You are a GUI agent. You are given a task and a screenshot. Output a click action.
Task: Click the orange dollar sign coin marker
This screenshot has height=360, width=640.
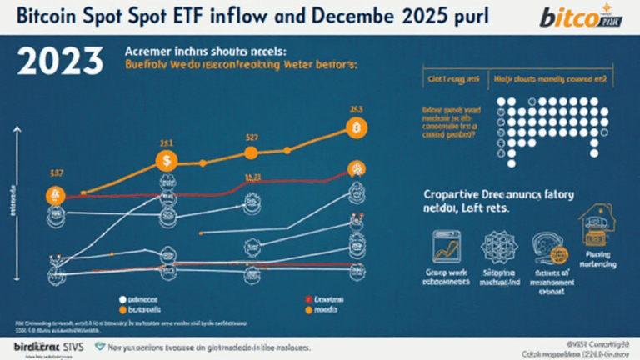[x=167, y=160]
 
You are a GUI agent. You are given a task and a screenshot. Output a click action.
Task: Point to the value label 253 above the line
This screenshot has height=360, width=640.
[x=356, y=108]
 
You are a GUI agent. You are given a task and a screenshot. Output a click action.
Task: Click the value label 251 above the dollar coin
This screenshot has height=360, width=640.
[x=166, y=142]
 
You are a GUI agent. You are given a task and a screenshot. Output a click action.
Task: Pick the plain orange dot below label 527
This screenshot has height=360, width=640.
[x=249, y=153]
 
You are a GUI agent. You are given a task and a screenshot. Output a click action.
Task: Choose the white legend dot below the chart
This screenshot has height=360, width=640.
[x=122, y=297]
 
